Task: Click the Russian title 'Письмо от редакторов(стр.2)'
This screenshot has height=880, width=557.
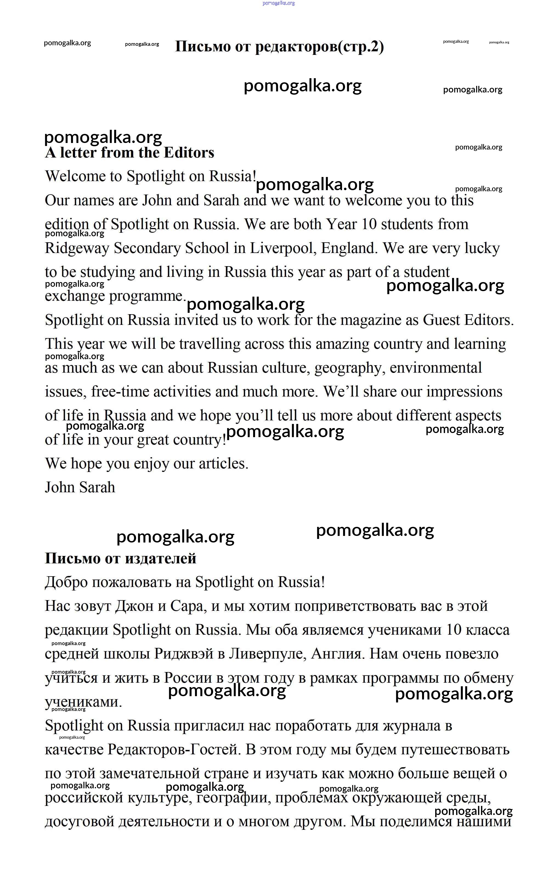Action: (279, 47)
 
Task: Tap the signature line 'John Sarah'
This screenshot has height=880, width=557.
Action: (80, 488)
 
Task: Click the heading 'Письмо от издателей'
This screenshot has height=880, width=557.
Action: (120, 558)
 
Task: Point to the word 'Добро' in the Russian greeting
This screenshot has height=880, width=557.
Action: (66, 582)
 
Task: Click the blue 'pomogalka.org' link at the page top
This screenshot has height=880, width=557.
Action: (278, 3)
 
